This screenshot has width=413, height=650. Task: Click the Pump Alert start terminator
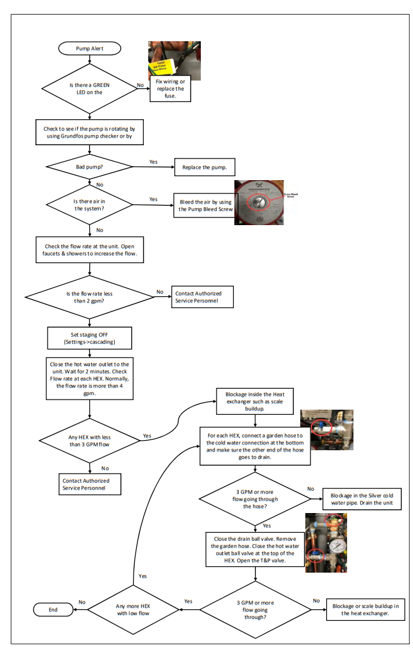(89, 49)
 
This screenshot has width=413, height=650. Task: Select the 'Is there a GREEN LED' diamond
(89, 88)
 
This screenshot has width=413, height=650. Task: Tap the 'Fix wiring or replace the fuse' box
(170, 91)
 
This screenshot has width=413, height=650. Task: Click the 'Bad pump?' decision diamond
(89, 167)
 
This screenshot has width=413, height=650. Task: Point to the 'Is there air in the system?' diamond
(89, 204)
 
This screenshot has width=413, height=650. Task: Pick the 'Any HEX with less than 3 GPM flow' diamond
(89, 440)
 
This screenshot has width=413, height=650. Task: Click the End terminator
(53, 609)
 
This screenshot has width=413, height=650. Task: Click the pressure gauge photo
(326, 543)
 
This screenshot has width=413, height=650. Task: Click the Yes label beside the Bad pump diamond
(153, 162)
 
